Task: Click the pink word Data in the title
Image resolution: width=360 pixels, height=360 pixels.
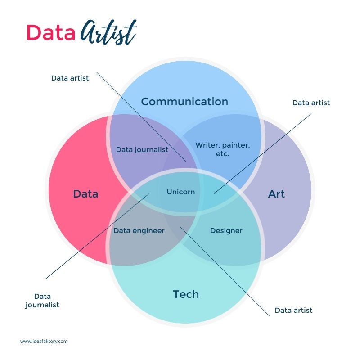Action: pos(50,32)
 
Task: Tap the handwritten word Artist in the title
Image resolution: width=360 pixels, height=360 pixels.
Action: pos(108,32)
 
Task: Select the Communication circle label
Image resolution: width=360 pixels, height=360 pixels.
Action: pos(184,102)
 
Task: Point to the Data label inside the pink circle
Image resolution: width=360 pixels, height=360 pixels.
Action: pos(85,194)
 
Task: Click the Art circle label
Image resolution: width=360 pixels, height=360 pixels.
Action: pos(276,194)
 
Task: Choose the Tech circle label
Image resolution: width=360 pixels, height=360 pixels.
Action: pos(186,294)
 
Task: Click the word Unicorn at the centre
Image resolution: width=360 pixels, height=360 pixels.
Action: pos(181,192)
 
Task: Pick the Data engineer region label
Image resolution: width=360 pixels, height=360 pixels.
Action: pos(139,230)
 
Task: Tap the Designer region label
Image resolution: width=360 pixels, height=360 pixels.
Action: pos(226,230)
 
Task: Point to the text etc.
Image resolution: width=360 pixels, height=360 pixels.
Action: pos(222,154)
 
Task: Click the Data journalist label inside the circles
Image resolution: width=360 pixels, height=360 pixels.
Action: pos(142,149)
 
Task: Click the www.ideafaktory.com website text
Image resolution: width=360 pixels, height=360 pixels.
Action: pos(44,341)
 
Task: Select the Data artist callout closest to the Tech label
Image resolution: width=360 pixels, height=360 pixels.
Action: pos(293,310)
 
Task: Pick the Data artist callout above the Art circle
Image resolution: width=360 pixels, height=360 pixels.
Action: pos(311,103)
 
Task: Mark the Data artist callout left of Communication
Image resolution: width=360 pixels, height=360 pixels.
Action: pos(70,78)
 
